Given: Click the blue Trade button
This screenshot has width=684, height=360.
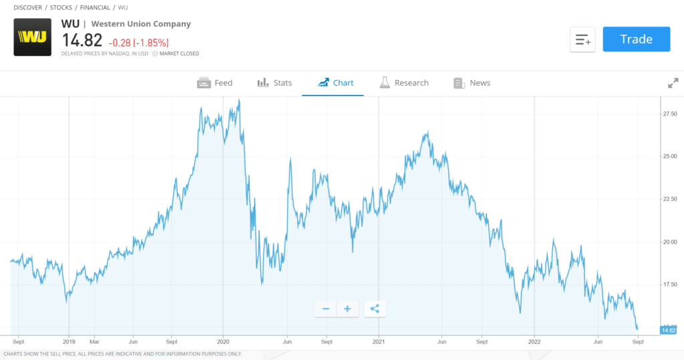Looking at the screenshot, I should (636, 39).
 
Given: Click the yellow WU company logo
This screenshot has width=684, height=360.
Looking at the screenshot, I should (32, 37).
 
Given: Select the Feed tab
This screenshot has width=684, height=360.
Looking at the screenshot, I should (214, 83).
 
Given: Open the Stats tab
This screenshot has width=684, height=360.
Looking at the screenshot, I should (275, 83).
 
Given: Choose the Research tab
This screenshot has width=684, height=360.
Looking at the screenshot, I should (404, 83).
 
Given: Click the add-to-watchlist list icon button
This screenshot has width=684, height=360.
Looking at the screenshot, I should (582, 39).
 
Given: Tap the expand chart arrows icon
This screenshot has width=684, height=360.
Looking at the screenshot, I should (673, 83).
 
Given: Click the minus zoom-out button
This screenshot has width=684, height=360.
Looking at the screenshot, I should (325, 309).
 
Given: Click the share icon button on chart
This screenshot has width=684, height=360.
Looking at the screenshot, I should (375, 309).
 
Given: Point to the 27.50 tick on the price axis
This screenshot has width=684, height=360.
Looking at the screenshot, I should (669, 114).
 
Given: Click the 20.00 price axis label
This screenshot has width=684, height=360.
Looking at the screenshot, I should (669, 242).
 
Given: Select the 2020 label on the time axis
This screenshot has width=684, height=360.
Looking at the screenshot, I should (223, 340).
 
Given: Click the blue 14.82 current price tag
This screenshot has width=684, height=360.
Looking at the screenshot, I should (669, 330).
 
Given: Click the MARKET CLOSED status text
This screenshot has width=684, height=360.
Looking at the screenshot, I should (178, 53).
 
